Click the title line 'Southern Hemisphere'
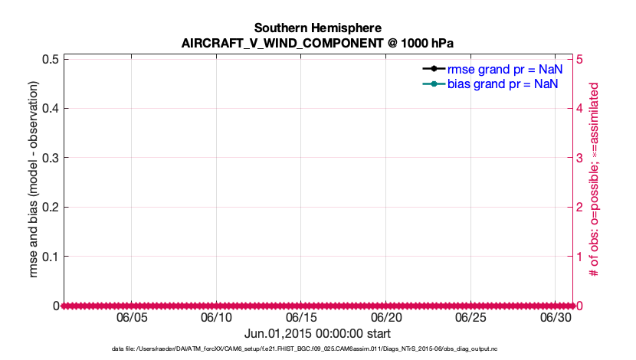tap(317, 28)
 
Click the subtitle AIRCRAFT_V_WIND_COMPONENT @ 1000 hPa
tap(317, 43)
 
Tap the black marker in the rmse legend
tap(434, 69)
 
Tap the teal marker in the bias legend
tap(434, 83)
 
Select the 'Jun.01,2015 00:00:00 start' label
tap(317, 334)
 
